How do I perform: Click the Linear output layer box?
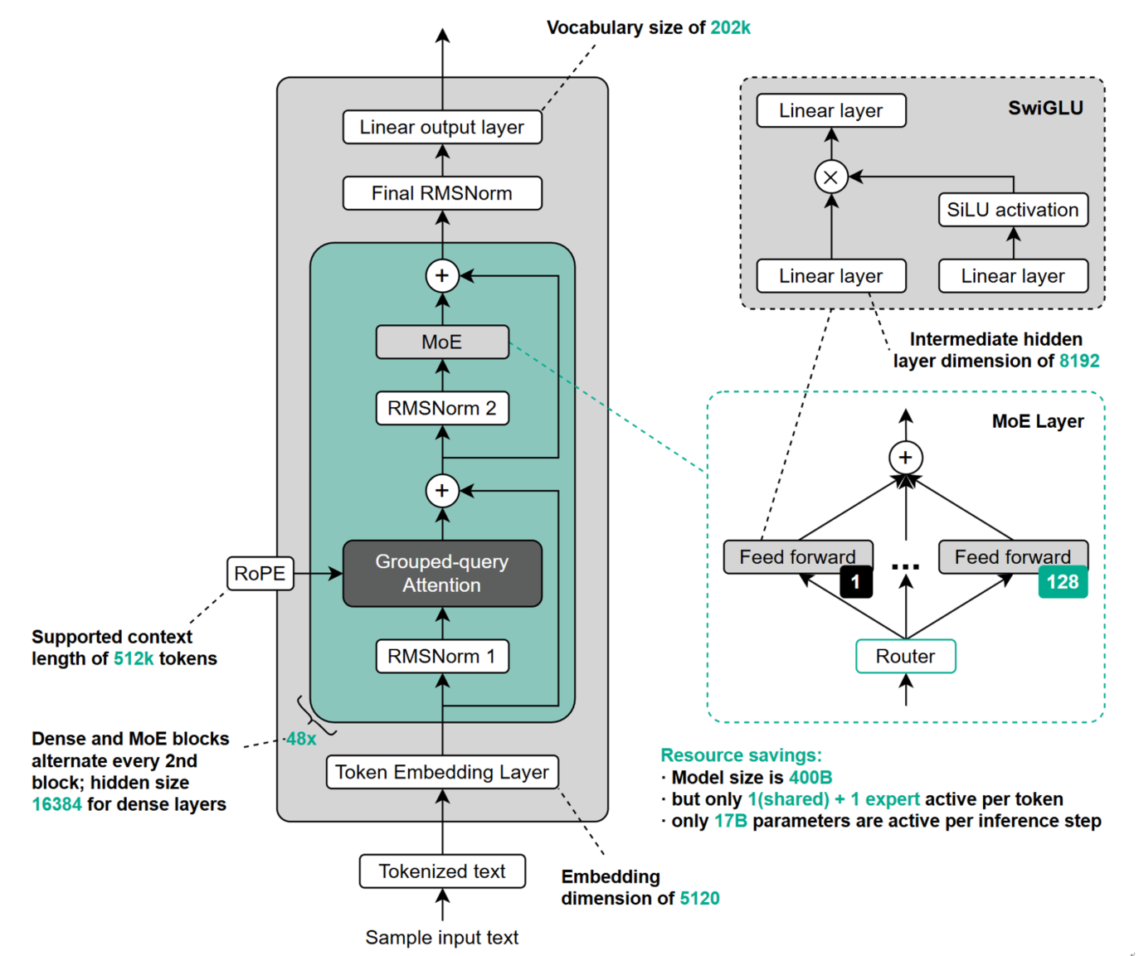(x=442, y=127)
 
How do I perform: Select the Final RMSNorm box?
(x=442, y=193)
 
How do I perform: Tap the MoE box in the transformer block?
(x=442, y=342)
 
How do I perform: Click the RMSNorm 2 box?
(x=442, y=408)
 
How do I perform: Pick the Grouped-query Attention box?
(x=442, y=573)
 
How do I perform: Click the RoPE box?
(x=260, y=573)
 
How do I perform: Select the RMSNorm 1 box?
(x=442, y=656)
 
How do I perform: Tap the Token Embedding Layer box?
(x=442, y=772)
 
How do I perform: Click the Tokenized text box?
(x=442, y=871)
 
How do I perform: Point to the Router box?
(x=906, y=656)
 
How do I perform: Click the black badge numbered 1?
(x=856, y=582)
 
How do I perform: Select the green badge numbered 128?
(x=1063, y=582)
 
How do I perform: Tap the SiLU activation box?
(x=1013, y=210)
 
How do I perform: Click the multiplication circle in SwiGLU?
(x=830, y=177)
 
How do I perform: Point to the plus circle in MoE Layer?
(x=906, y=458)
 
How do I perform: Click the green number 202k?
(x=730, y=27)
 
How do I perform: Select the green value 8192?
(x=1079, y=361)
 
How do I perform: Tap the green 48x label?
(x=301, y=739)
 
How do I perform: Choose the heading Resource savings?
(x=741, y=755)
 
